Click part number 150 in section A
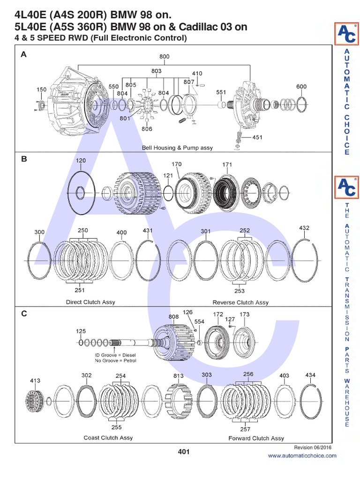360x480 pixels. [x=42, y=89]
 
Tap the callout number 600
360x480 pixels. [x=301, y=86]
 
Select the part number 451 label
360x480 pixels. [x=257, y=137]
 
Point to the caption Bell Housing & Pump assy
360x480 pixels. [x=177, y=148]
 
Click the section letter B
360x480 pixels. [x=23, y=159]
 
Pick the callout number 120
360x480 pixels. [x=81, y=160]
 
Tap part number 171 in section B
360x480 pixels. [x=227, y=164]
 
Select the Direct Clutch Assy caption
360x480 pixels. [x=90, y=302]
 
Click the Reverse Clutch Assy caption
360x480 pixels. [x=240, y=302]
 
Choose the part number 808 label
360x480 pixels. [x=174, y=316]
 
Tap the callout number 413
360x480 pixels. [x=35, y=381]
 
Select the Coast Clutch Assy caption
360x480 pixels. [x=108, y=438]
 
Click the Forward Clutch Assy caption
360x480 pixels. [x=256, y=438]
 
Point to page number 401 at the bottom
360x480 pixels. [x=183, y=452]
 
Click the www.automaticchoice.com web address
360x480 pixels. [x=302, y=456]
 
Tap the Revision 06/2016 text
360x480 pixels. [x=315, y=448]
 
